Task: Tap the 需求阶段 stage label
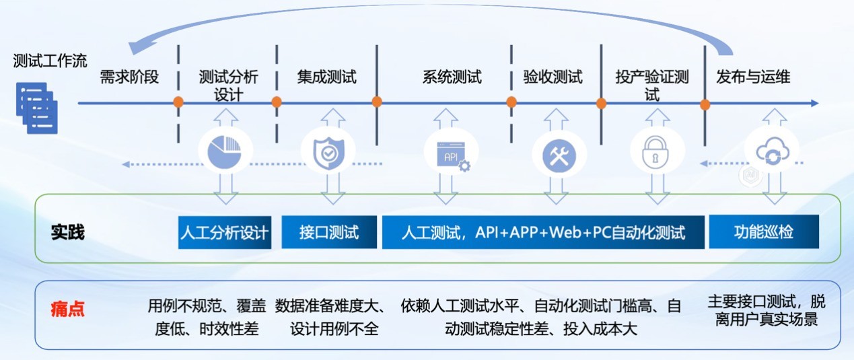pyautogui.click(x=129, y=77)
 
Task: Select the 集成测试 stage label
pyautogui.click(x=327, y=77)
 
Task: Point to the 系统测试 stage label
pyautogui.click(x=452, y=77)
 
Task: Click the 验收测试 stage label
pyautogui.click(x=553, y=77)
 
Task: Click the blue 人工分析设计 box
pyautogui.click(x=225, y=233)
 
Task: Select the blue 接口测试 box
pyautogui.click(x=329, y=233)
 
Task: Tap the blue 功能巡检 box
pyautogui.click(x=764, y=232)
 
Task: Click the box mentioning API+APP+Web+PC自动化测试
pyautogui.click(x=543, y=233)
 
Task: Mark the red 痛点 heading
pyautogui.click(x=68, y=310)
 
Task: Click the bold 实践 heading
pyautogui.click(x=68, y=233)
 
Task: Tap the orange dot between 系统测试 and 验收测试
pyautogui.click(x=511, y=102)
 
